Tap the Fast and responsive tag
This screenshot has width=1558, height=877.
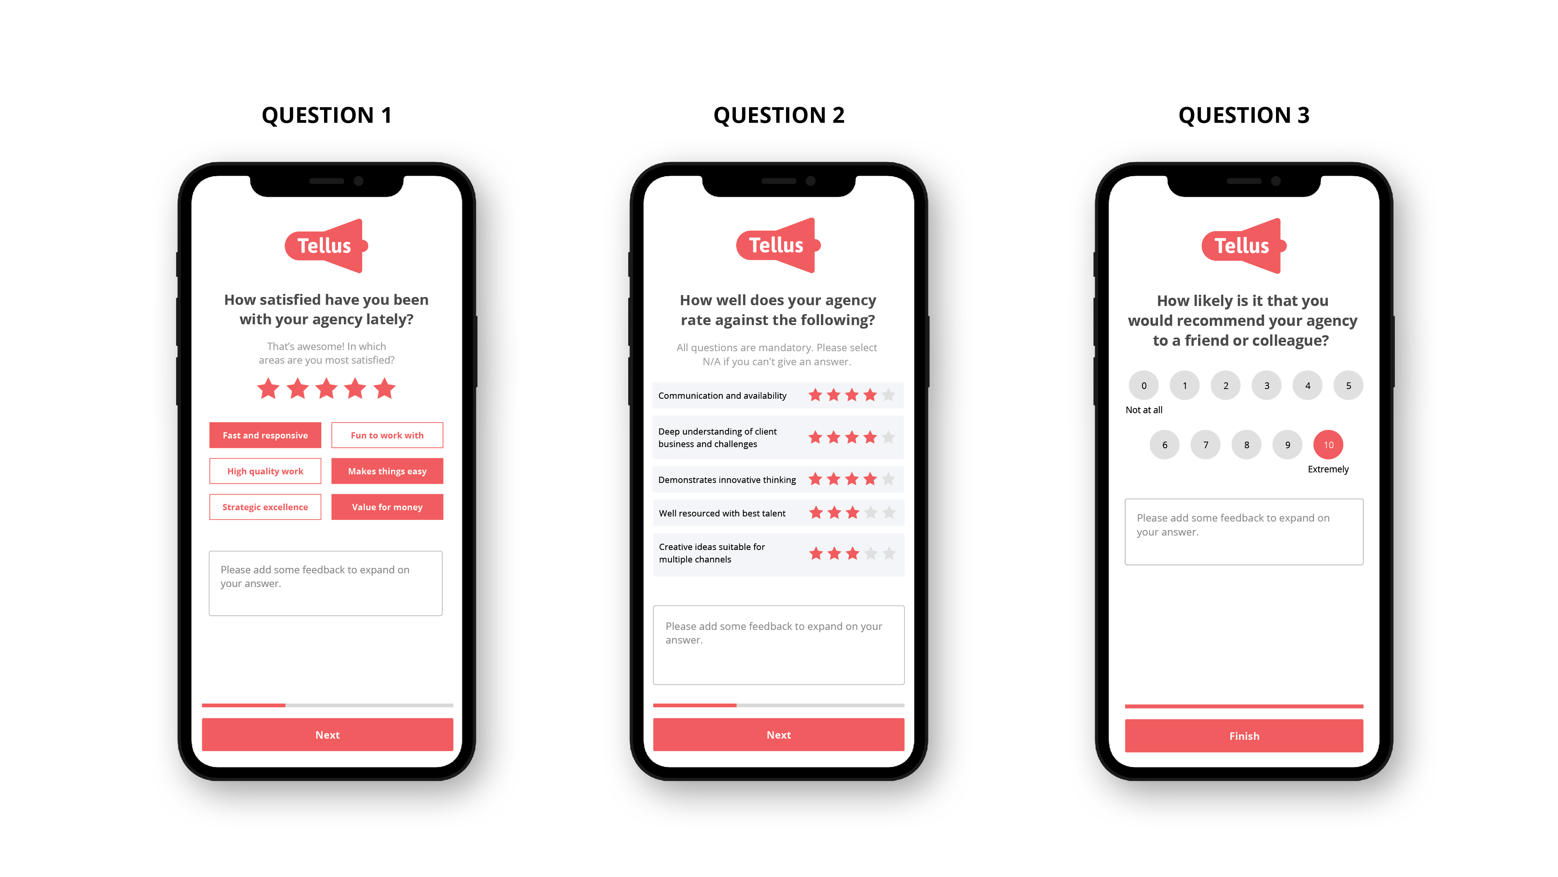[265, 435]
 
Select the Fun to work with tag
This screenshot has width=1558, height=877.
[387, 435]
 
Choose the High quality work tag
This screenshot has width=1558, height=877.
[265, 471]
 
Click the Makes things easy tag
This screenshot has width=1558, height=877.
[387, 471]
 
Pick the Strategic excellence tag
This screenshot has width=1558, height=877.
[265, 507]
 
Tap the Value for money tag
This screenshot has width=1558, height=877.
[387, 507]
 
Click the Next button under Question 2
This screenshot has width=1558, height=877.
[778, 735]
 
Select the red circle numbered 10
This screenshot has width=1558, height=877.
[1328, 445]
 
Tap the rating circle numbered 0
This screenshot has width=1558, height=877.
[1144, 385]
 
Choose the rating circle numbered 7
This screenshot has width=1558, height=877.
[1206, 445]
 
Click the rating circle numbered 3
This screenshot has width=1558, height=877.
[1267, 385]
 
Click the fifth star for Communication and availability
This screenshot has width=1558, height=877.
[888, 395]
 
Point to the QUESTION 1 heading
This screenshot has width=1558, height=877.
[327, 115]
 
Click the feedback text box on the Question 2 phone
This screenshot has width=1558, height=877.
[778, 645]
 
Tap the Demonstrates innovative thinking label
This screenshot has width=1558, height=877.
[727, 480]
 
